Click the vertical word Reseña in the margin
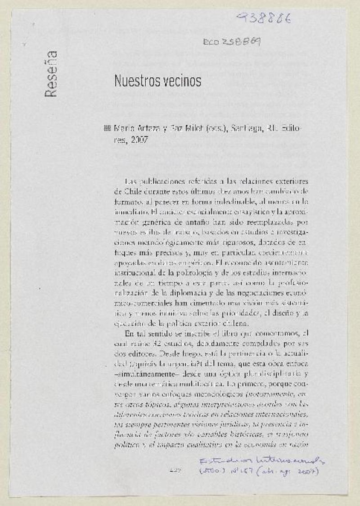pyautogui.click(x=51, y=74)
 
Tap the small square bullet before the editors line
pyautogui.click(x=107, y=128)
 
